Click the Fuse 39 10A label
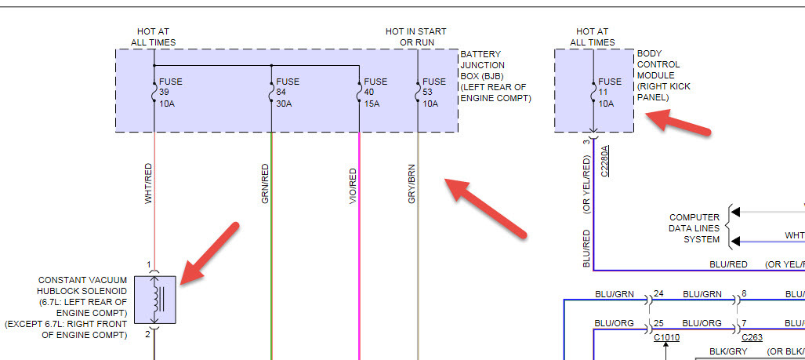tap(170, 93)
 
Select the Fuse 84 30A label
tap(288, 93)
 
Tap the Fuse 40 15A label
tap(375, 93)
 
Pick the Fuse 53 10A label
tap(433, 93)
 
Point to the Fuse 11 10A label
tap(610, 93)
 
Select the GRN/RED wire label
tap(265, 184)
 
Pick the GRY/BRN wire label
tap(412, 184)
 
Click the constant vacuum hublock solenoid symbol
tap(154, 299)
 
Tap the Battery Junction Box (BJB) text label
tap(495, 76)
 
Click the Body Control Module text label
tap(664, 76)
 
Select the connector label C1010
tap(665, 338)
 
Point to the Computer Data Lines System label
tap(694, 228)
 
